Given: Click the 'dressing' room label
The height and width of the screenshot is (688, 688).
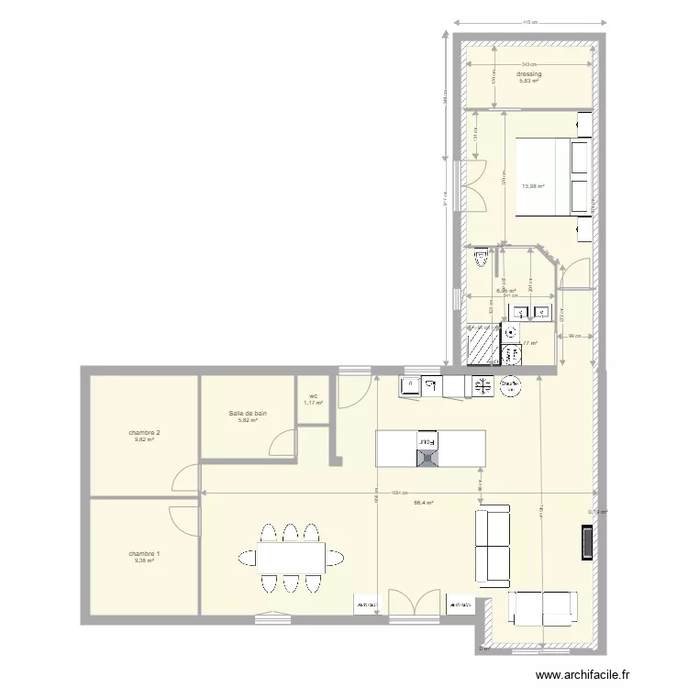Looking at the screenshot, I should point(528,73).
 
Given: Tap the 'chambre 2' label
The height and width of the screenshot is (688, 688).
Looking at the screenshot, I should point(145,432).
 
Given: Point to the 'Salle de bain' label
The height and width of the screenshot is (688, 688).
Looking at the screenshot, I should point(248,414).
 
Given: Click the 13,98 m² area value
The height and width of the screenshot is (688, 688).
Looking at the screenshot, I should point(533,187).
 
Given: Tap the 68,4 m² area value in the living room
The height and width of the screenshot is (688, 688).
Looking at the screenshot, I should point(423,502).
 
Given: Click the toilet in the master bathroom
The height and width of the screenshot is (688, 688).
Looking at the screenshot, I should point(481,261).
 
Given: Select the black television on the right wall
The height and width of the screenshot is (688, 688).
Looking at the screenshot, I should point(583,542).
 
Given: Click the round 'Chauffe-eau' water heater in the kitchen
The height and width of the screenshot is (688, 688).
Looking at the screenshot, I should point(509,387).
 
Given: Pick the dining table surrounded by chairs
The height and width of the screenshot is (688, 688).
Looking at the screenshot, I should point(291,558).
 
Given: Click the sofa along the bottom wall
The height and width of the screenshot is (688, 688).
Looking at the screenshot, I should point(544,606).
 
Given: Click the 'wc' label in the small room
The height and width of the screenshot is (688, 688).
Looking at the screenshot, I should point(313,398).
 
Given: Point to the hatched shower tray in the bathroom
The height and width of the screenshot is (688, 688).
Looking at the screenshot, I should point(481,346).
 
